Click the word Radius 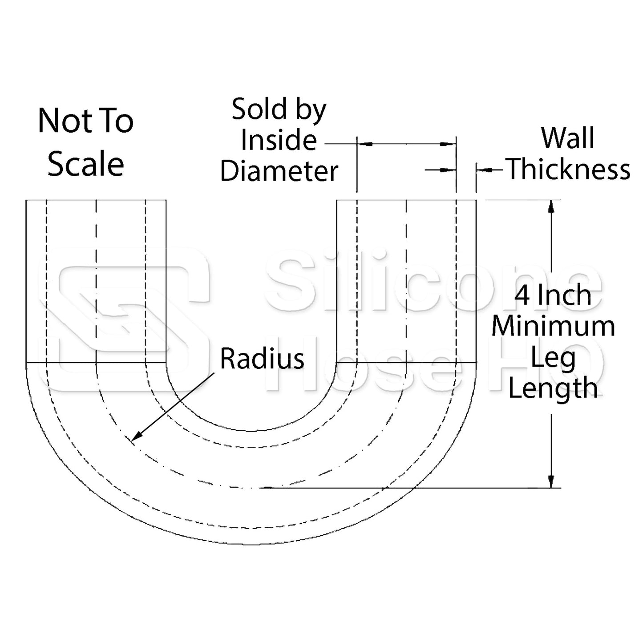(262, 359)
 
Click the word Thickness (569, 170)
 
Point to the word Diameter (279, 171)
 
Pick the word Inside (279, 140)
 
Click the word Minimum (553, 326)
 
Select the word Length (553, 388)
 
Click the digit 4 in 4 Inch (522, 295)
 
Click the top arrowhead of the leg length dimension (551, 206)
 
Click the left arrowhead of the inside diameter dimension (365, 144)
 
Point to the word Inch (566, 295)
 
